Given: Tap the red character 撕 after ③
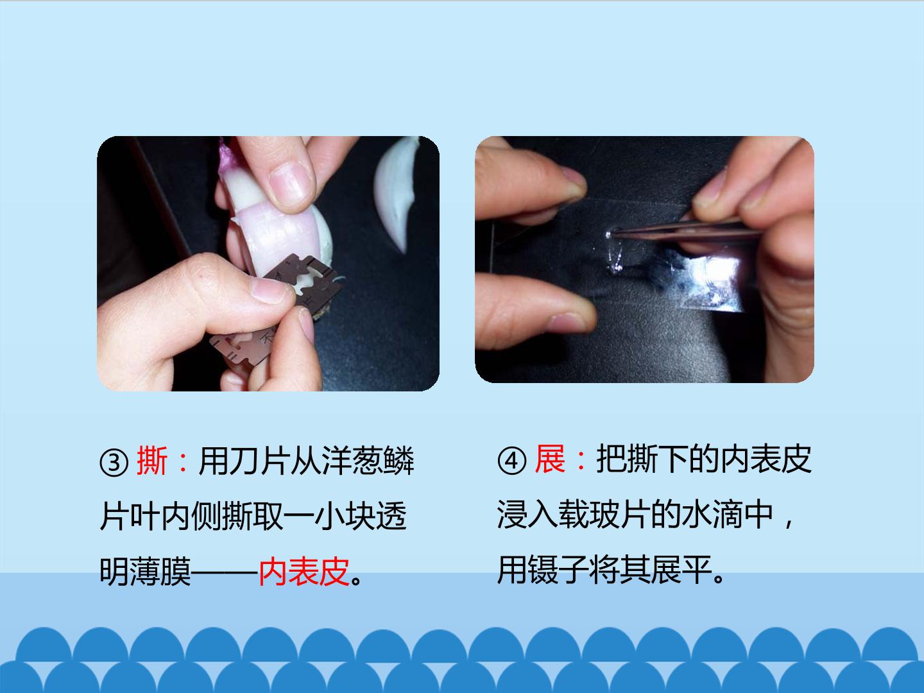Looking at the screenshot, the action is tap(152, 460).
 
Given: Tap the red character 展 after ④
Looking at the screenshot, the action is tap(550, 459).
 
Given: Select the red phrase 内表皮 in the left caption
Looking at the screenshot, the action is tap(304, 572).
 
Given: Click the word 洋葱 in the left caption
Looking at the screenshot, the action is tap(337, 460).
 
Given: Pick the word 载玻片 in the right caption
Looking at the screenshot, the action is tap(604, 515).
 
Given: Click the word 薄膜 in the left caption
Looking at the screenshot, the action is tap(160, 572).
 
